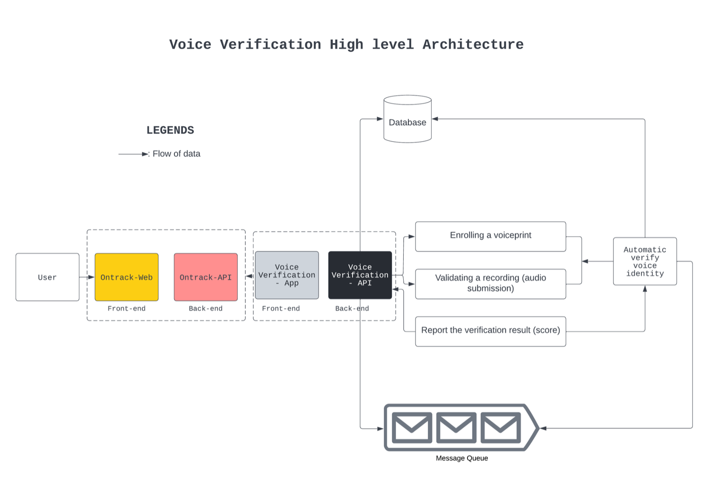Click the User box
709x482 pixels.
pos(47,277)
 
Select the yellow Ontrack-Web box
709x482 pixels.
pos(127,277)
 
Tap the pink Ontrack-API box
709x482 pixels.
pos(206,277)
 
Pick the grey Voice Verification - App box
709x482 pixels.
pos(287,275)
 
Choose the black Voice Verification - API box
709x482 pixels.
pos(360,275)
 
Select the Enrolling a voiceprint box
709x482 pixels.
pos(490,236)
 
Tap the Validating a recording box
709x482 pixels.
pos(490,284)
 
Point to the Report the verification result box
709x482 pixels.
pos(490,331)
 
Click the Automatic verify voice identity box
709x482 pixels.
pos(645,261)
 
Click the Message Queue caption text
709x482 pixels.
pos(462,458)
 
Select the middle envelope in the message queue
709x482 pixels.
pos(456,428)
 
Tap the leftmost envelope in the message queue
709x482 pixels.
pos(412,428)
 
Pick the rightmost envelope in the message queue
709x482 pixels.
pos(501,428)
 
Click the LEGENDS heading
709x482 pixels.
pos(170,130)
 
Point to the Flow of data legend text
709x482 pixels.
pos(176,154)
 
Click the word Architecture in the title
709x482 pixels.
pos(473,44)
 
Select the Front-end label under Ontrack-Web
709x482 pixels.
pos(127,309)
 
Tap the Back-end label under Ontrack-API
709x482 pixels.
pos(206,309)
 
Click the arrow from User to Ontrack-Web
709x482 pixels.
pos(87,277)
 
